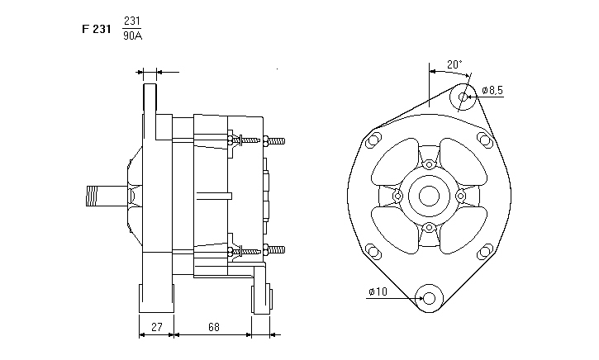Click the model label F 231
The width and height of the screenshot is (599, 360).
(x=97, y=28)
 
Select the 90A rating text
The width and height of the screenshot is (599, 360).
(x=131, y=36)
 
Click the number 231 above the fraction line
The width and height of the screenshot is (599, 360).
(x=131, y=21)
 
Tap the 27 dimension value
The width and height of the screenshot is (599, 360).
(x=155, y=328)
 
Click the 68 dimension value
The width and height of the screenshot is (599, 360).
(x=213, y=328)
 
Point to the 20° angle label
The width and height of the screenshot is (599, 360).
(x=454, y=64)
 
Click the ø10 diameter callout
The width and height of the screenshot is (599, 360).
(x=378, y=291)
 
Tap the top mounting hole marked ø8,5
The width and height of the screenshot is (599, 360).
(x=464, y=96)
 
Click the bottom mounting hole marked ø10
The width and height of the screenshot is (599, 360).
(x=429, y=298)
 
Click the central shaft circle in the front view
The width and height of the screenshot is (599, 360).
(x=430, y=196)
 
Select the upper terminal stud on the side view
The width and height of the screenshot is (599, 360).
(x=276, y=141)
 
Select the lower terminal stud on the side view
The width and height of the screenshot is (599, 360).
(x=276, y=249)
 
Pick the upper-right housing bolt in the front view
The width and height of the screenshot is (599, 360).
(x=485, y=140)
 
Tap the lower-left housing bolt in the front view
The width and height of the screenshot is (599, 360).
(x=373, y=251)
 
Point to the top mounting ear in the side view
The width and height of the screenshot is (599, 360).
(x=150, y=99)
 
